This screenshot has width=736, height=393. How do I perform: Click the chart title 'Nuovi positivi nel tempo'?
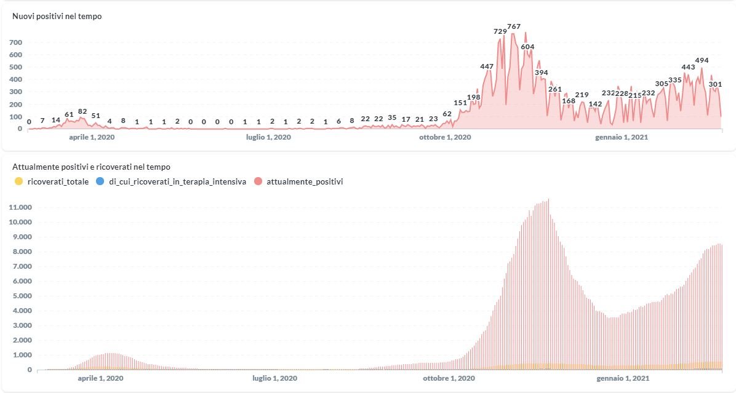tap(57, 17)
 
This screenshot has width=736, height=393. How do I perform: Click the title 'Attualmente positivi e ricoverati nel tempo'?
tap(91, 167)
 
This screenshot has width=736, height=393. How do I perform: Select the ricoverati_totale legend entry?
tap(58, 181)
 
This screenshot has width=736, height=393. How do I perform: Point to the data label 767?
tap(514, 26)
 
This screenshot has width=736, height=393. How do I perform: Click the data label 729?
tap(500, 31)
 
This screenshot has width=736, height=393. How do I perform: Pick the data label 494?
tap(702, 60)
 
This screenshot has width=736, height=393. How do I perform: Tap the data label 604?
tap(527, 47)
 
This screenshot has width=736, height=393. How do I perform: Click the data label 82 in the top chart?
tap(82, 111)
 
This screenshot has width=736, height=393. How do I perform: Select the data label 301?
tap(715, 84)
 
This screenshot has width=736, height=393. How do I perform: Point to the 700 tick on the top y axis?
tap(15, 42)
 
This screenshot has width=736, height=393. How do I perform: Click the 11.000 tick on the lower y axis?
tap(21, 207)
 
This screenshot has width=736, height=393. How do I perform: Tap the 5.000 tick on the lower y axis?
tap(21, 296)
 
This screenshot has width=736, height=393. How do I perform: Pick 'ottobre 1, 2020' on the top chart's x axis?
tap(445, 137)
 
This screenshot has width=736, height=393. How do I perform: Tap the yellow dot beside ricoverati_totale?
tap(19, 181)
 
